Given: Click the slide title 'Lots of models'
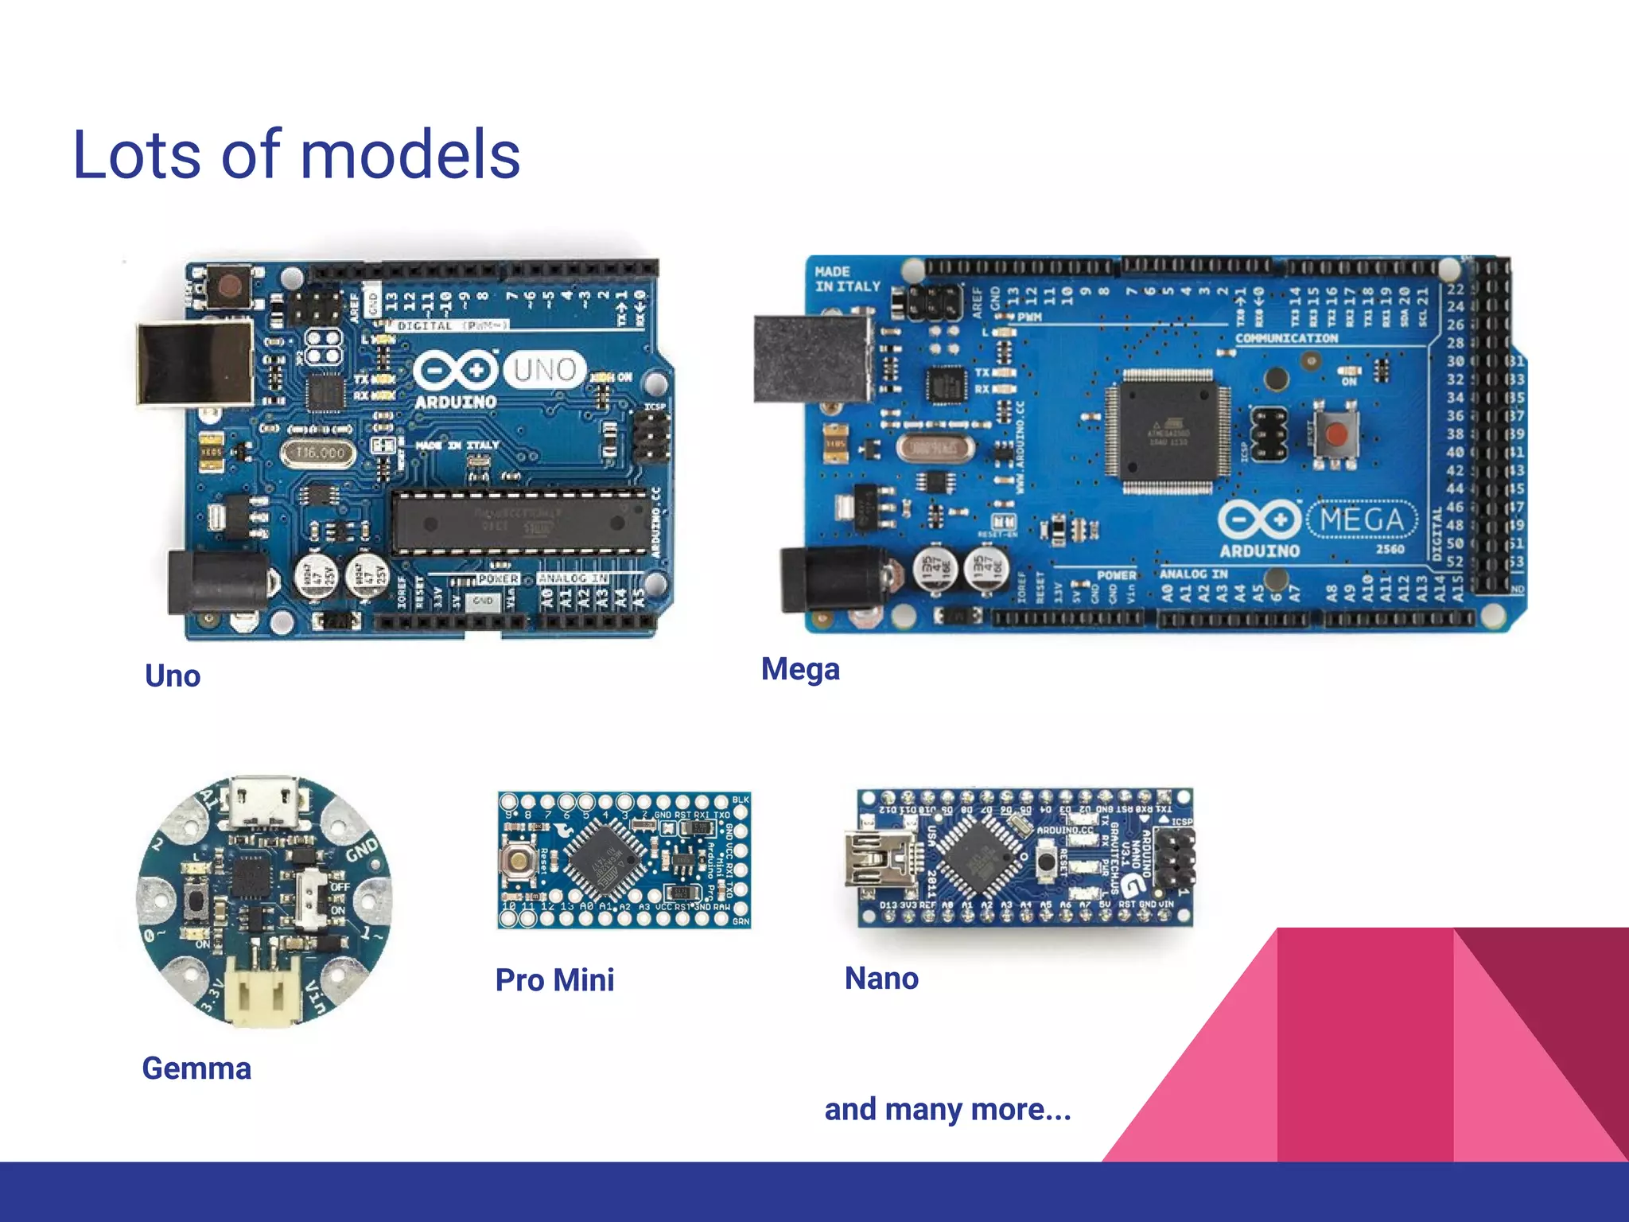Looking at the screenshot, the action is coord(296,154).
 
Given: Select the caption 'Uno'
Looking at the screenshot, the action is coord(173,676).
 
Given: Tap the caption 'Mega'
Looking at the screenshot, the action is coord(800,669).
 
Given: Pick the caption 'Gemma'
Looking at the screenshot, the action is coord(196,1068).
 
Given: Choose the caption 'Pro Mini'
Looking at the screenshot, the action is coord(554,979).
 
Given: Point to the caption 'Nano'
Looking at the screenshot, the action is coord(881,978).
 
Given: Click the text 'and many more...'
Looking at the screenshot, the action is coord(947,1109).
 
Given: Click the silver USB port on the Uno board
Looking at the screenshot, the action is coord(195,363).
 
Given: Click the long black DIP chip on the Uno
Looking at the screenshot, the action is coord(521,522).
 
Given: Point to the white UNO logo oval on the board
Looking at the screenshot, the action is coord(545,369).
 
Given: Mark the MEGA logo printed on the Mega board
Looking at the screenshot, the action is coord(1362,520).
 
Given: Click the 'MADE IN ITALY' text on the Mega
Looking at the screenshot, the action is coord(847,278).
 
